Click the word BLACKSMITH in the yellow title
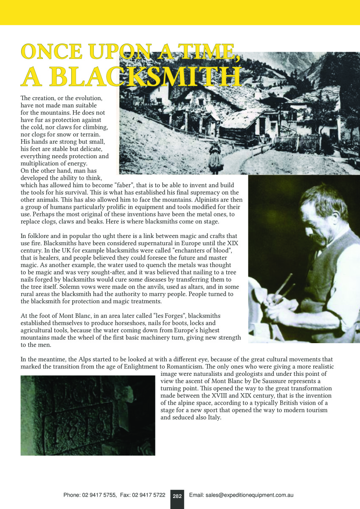[149, 77]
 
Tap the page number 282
[177, 495]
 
